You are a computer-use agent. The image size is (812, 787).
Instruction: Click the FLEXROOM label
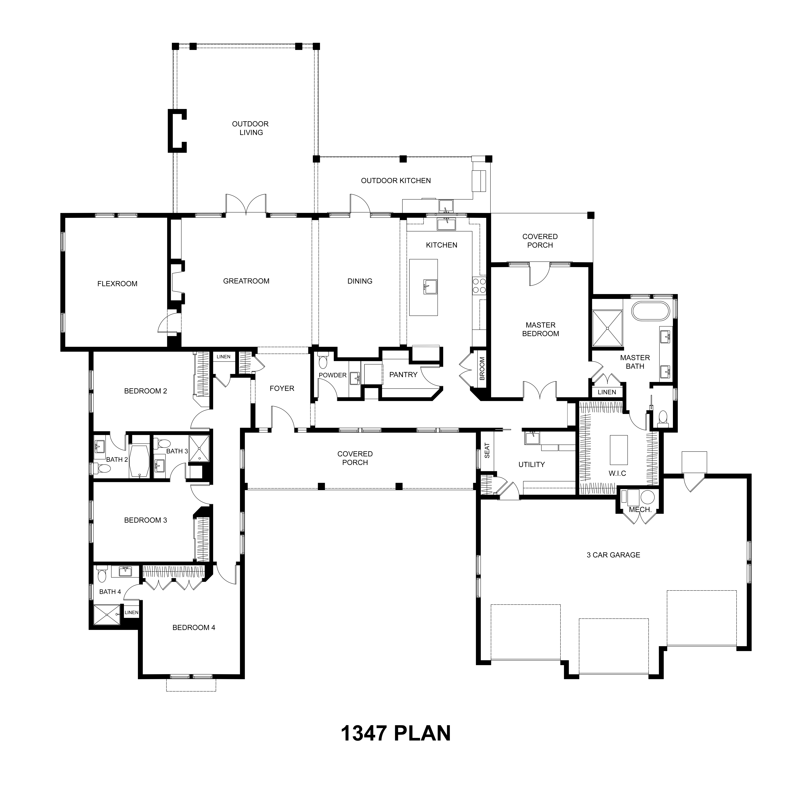[117, 284]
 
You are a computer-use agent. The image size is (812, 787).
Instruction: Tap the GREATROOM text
[246, 281]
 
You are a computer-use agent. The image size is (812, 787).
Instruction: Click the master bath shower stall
[608, 328]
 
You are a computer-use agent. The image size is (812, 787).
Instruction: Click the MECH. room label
[640, 510]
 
